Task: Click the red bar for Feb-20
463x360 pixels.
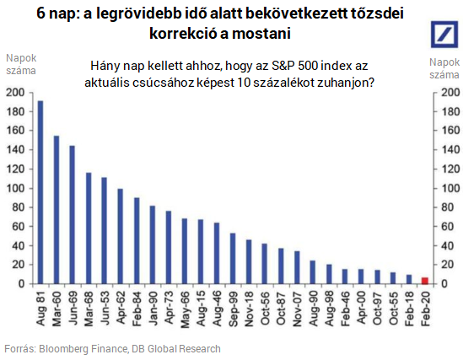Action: point(425,281)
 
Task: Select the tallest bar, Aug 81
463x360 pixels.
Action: point(40,192)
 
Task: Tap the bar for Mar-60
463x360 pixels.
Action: point(57,210)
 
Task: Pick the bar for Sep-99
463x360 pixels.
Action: point(233,259)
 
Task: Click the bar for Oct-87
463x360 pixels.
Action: point(281,266)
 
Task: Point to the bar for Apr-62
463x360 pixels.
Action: point(121,236)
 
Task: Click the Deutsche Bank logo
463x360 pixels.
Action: point(444,35)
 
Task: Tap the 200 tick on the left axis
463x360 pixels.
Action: point(15,93)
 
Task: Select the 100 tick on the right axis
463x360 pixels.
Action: point(450,188)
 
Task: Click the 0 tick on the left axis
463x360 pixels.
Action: point(21,283)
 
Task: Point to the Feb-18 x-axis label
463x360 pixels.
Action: point(409,309)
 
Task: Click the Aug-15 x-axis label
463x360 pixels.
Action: point(201,309)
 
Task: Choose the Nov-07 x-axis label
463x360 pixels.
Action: point(297,309)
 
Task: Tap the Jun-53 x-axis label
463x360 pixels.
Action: point(105,309)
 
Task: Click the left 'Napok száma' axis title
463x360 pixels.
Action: point(21,64)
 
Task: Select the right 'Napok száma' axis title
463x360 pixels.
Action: point(444,68)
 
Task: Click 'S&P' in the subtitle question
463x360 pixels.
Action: point(282,66)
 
